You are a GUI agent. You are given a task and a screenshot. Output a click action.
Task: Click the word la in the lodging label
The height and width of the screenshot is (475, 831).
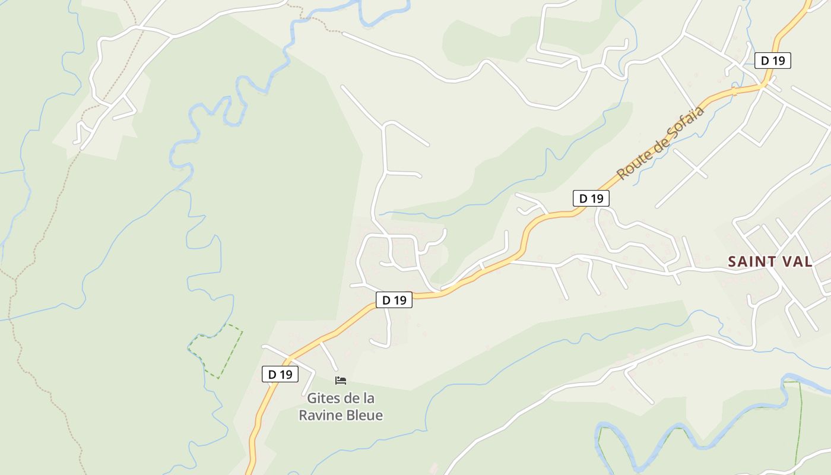[x=369, y=398]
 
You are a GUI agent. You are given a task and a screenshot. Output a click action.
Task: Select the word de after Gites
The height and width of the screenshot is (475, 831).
[x=351, y=398]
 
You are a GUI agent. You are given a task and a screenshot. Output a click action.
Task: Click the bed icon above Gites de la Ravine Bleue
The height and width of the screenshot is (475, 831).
[x=341, y=380]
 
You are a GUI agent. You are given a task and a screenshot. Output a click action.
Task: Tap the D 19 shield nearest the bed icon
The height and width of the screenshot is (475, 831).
[x=280, y=374]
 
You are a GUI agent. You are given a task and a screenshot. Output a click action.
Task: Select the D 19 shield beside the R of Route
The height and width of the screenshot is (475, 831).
[x=591, y=198]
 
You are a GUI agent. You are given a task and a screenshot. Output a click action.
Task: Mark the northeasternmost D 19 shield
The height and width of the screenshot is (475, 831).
[x=773, y=60]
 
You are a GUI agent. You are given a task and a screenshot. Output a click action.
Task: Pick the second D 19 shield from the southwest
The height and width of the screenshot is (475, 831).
[x=394, y=300]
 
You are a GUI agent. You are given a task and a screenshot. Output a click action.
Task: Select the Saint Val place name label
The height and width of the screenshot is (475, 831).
[x=770, y=261]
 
